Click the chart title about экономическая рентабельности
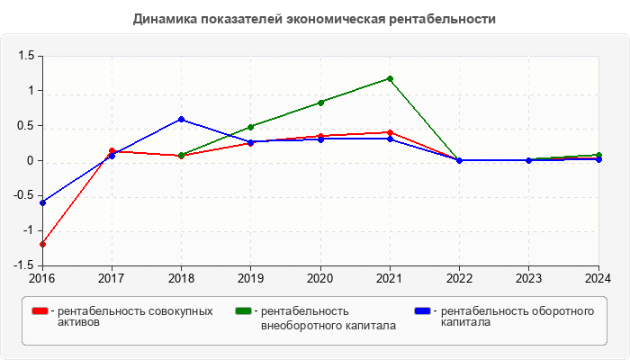[x=314, y=19]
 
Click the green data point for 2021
[x=390, y=78]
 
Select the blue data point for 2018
[x=181, y=119]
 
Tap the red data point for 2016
[x=42, y=244]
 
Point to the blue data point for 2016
[x=42, y=202]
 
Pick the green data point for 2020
[x=320, y=102]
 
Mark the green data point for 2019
[x=251, y=127]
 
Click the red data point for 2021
[x=390, y=132]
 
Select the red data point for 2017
[x=112, y=150]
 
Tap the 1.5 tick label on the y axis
[x=25, y=56]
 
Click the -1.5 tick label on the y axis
[x=23, y=265]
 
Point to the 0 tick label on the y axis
[x=30, y=161]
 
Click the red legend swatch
[x=40, y=311]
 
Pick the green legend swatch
[x=243, y=311]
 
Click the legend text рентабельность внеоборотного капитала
[x=328, y=318]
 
